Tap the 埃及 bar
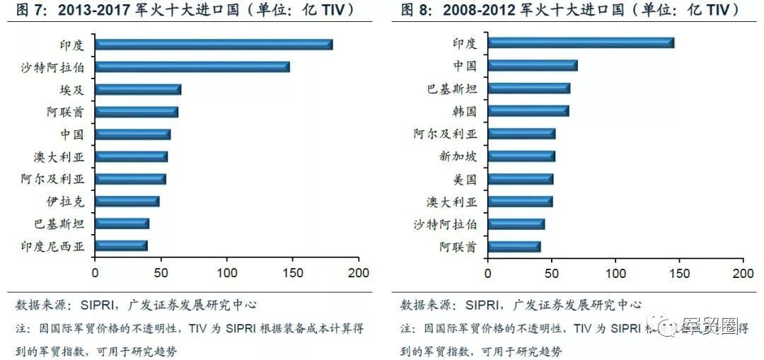click(x=138, y=90)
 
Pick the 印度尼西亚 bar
click(x=121, y=246)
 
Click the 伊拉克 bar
click(x=127, y=202)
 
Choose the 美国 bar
click(x=521, y=179)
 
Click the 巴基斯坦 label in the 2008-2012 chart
click(x=452, y=89)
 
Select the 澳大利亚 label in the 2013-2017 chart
click(x=59, y=157)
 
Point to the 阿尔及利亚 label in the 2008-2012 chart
click(x=445, y=134)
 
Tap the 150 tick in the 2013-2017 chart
click(x=293, y=272)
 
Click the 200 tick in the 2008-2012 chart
click(x=743, y=272)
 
